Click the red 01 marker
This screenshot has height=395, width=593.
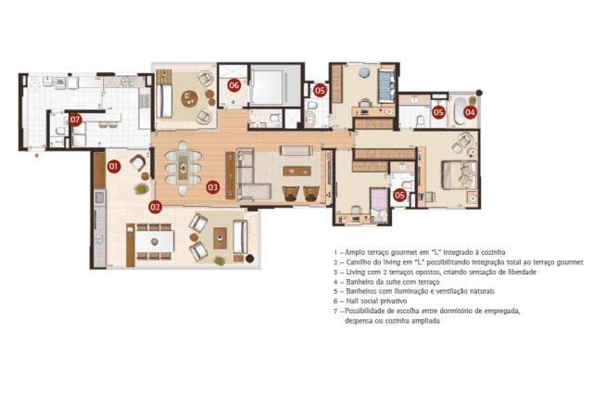(x=114, y=166)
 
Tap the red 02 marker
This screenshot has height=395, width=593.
(x=155, y=207)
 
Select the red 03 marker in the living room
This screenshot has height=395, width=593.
(x=212, y=187)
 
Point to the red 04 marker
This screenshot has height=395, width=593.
(x=470, y=112)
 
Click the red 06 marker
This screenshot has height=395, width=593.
(x=234, y=85)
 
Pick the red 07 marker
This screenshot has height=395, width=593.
(x=75, y=121)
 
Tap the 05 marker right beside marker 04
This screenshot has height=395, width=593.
(x=438, y=112)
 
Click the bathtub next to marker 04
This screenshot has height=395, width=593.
(x=459, y=111)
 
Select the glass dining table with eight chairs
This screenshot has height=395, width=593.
(x=183, y=168)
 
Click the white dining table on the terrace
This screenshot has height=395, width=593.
(x=155, y=241)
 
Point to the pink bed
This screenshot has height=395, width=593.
(x=379, y=206)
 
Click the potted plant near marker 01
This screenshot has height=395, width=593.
(x=141, y=188)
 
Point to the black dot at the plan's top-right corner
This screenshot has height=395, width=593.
(x=479, y=93)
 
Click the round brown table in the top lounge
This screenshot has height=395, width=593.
(x=189, y=99)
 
